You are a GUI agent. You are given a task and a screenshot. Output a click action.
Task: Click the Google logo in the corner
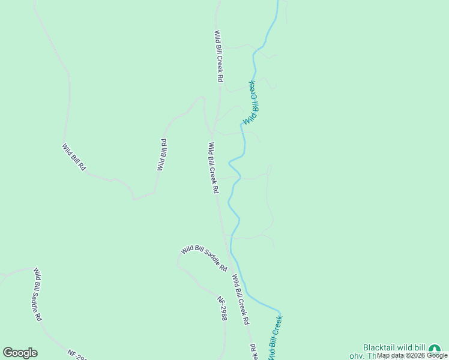(x=20, y=353)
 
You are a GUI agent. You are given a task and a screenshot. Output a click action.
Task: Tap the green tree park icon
(x=435, y=349)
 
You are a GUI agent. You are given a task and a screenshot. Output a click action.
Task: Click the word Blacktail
(x=381, y=348)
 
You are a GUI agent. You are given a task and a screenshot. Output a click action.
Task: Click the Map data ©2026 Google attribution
(x=412, y=356)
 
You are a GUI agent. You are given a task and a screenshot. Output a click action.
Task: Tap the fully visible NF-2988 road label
(x=222, y=308)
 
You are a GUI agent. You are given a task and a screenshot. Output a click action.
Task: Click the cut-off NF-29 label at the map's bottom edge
(x=77, y=355)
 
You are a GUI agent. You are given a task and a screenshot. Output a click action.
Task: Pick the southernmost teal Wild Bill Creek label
(x=276, y=339)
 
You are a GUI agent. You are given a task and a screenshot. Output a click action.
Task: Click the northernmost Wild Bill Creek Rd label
(x=219, y=56)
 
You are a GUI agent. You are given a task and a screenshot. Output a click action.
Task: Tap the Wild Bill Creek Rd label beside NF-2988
(x=241, y=299)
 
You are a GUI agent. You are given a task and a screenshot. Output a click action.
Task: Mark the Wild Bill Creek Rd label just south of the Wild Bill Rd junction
(x=213, y=167)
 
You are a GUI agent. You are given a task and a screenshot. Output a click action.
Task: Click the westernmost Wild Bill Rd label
(x=74, y=157)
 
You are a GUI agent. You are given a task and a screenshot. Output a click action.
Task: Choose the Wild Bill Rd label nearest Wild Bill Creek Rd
(x=161, y=155)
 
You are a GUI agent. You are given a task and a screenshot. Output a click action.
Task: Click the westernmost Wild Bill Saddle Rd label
(x=37, y=294)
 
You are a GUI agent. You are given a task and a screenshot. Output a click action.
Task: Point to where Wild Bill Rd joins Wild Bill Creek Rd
(x=212, y=133)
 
